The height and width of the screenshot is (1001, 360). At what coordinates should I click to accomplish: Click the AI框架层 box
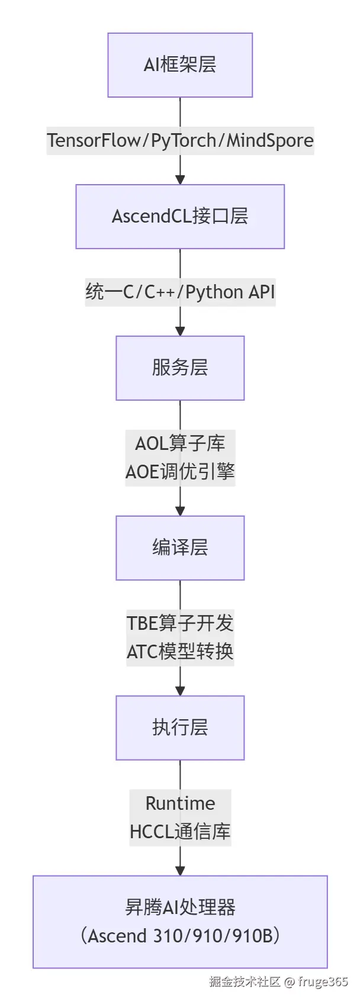tap(180, 65)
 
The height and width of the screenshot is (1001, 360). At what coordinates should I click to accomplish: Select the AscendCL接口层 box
tap(180, 217)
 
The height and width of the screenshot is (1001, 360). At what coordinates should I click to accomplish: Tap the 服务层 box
tap(180, 368)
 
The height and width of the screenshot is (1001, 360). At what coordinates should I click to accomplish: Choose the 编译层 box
tap(180, 548)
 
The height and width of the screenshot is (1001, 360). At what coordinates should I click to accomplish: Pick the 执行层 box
tap(180, 728)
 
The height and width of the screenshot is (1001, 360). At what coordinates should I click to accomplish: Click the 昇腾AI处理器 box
tap(180, 922)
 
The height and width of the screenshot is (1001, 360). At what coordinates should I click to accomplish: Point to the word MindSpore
tap(270, 141)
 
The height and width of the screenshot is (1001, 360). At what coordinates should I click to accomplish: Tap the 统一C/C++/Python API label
tap(180, 292)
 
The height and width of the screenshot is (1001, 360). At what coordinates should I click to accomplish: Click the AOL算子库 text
tap(180, 443)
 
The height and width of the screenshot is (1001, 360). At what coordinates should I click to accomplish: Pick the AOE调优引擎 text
tap(180, 472)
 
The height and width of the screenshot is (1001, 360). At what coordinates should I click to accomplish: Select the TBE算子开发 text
tap(180, 623)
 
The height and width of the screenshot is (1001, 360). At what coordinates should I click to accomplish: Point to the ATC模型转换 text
tap(180, 652)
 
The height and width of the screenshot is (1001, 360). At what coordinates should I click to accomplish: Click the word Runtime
tap(180, 803)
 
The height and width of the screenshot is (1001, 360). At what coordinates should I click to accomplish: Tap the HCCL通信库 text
tap(180, 832)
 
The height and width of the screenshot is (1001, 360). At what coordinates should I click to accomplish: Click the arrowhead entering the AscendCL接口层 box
tap(180, 179)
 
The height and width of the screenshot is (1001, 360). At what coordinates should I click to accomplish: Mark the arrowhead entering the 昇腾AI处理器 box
tap(180, 870)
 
